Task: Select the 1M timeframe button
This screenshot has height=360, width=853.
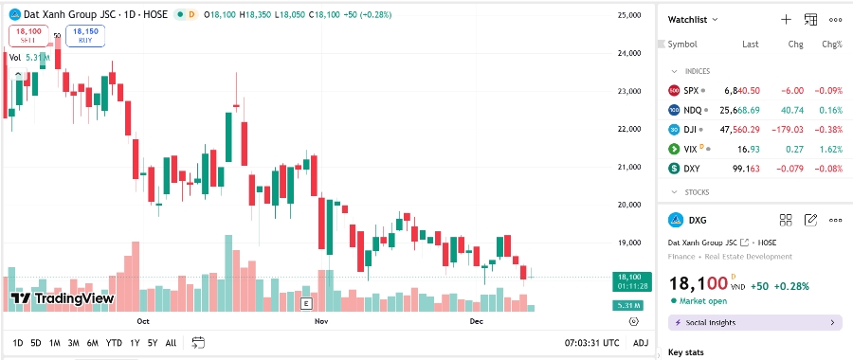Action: (x=55, y=343)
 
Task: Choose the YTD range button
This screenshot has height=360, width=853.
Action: (x=114, y=343)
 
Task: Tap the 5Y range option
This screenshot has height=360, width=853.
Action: (x=153, y=343)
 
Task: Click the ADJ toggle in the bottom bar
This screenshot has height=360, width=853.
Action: (x=641, y=343)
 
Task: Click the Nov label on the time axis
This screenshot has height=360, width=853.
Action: (x=320, y=322)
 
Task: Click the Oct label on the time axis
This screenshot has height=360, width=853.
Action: (x=144, y=322)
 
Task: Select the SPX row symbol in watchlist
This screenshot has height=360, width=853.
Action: (x=691, y=90)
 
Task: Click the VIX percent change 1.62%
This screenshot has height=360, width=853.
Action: (x=830, y=149)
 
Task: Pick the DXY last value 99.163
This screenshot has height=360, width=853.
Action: (x=742, y=169)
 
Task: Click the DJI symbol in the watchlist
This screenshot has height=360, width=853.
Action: (x=691, y=130)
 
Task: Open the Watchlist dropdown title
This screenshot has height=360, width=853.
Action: (x=693, y=19)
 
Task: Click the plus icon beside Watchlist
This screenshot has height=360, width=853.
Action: (x=786, y=19)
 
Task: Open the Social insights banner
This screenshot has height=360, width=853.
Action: (x=754, y=323)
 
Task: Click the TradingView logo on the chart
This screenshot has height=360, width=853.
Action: (x=63, y=298)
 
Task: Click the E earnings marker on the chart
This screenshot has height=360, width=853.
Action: (x=306, y=304)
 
